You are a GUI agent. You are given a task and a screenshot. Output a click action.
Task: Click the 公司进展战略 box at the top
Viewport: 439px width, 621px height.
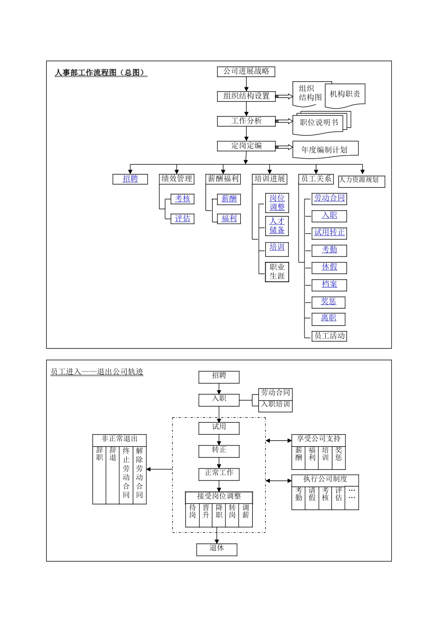pyautogui.click(x=246, y=72)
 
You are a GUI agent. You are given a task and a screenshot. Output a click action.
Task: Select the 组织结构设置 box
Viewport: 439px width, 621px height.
pyautogui.click(x=246, y=96)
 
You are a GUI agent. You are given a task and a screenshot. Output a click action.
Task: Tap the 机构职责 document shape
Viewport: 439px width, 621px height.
pyautogui.click(x=345, y=94)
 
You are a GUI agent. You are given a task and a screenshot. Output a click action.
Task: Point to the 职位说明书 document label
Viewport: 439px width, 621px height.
pyautogui.click(x=319, y=122)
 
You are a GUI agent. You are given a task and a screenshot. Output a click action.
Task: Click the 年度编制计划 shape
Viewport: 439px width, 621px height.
pyautogui.click(x=324, y=150)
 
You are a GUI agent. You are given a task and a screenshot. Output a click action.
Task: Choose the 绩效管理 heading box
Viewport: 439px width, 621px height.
pyautogui.click(x=177, y=179)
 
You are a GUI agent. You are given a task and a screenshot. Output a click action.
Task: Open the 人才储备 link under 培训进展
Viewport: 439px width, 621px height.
pyautogui.click(x=277, y=226)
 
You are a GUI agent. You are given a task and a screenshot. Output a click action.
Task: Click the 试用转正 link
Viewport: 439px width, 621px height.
pyautogui.click(x=329, y=232)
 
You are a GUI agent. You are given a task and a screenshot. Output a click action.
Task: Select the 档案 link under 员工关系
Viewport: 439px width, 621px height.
pyautogui.click(x=329, y=285)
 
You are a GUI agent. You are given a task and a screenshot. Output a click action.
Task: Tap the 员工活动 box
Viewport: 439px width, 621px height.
pyautogui.click(x=329, y=336)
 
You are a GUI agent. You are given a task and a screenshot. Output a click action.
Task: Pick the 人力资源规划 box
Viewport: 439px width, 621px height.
pyautogui.click(x=360, y=180)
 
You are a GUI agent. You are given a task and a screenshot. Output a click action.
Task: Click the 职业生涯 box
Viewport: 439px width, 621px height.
pyautogui.click(x=277, y=272)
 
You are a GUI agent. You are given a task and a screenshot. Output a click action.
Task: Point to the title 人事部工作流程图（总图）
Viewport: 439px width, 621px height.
pyautogui.click(x=101, y=73)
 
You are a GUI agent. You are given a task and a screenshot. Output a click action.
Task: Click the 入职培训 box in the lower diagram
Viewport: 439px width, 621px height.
pyautogui.click(x=275, y=405)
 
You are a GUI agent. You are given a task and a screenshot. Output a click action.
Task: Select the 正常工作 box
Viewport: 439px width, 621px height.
pyautogui.click(x=219, y=473)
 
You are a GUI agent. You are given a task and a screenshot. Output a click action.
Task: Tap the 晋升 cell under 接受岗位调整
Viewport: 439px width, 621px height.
pyautogui.click(x=206, y=512)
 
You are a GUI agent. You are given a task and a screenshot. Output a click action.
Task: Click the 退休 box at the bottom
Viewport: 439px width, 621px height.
pyautogui.click(x=217, y=548)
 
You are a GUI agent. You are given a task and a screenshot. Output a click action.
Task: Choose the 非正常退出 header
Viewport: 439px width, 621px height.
pyautogui.click(x=119, y=439)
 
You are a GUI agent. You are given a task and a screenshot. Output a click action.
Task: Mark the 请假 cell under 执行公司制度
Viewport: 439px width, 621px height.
pyautogui.click(x=312, y=494)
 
